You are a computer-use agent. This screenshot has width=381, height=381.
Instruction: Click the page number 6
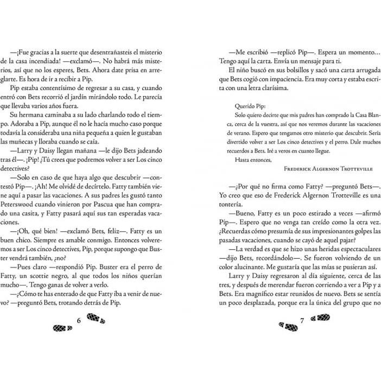point(79,321)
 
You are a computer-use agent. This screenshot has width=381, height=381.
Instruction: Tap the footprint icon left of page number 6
point(62,327)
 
